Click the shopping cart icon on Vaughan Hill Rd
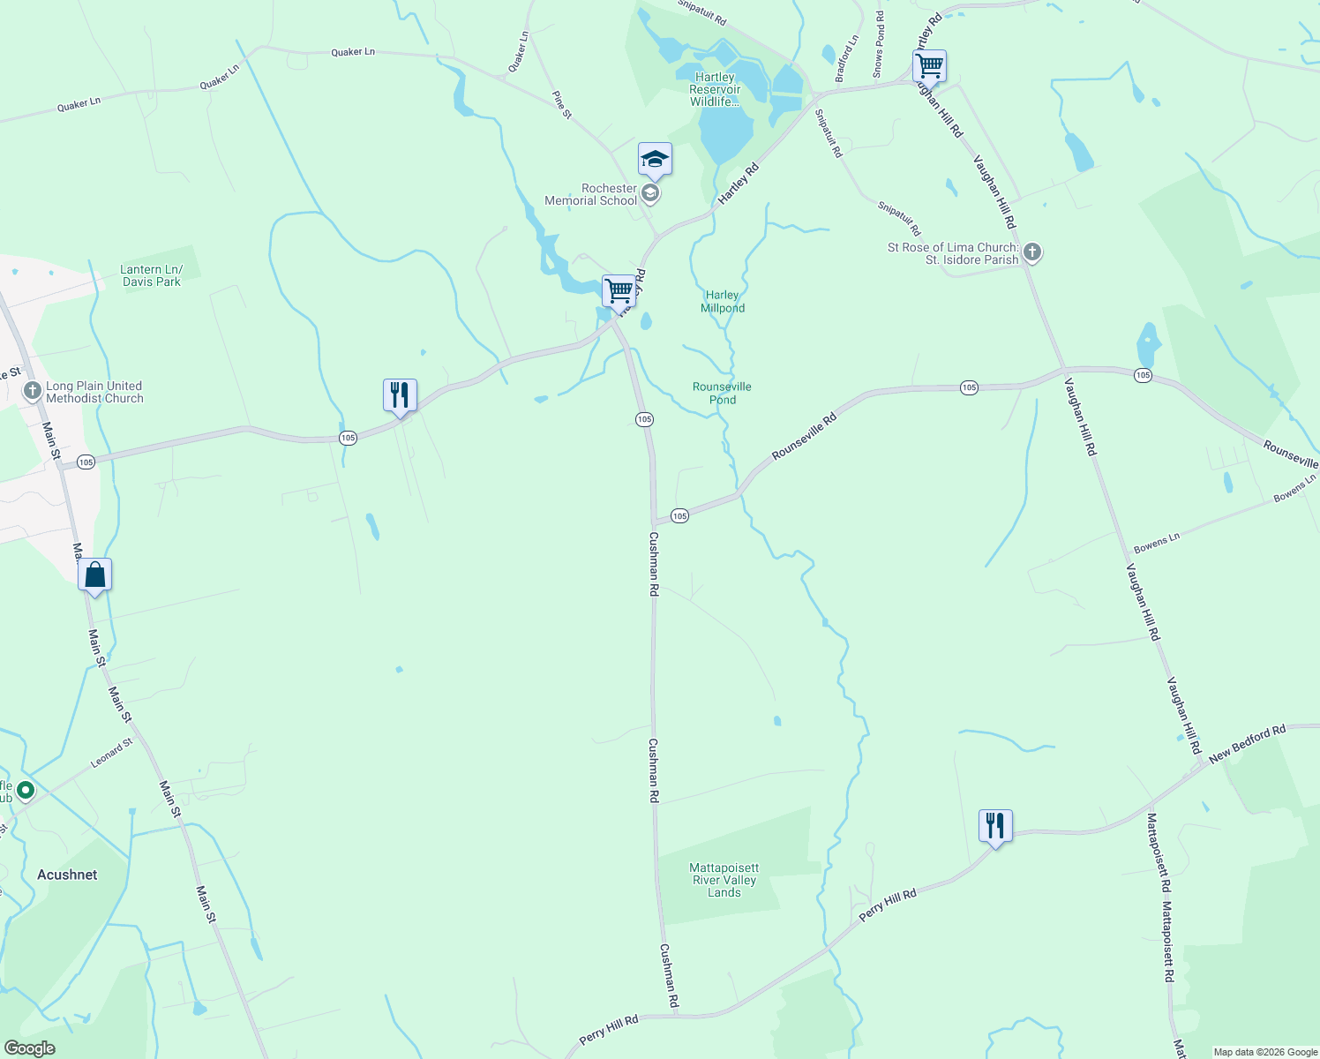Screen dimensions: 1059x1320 coord(929,66)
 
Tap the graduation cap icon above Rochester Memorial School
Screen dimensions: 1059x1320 coord(655,160)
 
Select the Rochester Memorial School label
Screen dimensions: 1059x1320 coord(591,195)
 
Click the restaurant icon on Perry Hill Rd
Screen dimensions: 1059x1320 coord(995,826)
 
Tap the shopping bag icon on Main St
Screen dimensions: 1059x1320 coord(94,575)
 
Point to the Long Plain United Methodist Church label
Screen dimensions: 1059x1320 coord(94,392)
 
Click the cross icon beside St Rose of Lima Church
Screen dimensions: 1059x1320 coord(1032,253)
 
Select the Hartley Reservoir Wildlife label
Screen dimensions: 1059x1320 coord(715,89)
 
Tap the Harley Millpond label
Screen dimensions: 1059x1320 coord(723,302)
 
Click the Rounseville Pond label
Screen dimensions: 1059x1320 coord(722,393)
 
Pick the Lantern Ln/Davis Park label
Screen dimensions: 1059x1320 coord(152,276)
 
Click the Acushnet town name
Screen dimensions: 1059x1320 coord(67,875)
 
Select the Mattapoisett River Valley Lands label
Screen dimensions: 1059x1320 coord(724,880)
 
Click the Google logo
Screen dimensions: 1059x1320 coord(29,1048)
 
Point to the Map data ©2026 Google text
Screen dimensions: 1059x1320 coord(1265,1052)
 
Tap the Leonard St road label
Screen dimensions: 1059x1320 coord(111,753)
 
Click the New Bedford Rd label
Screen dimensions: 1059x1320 coord(1247,744)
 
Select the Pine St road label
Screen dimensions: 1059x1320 coord(562,104)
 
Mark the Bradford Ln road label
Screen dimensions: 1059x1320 coord(846,59)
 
